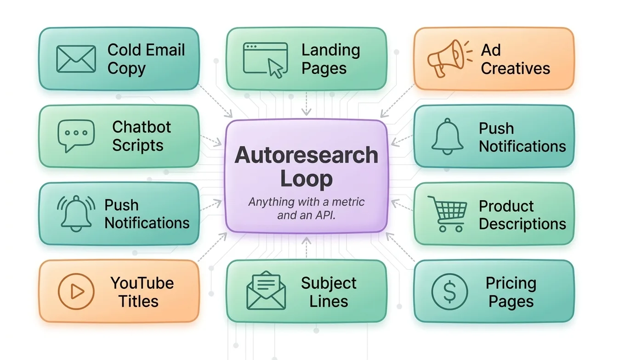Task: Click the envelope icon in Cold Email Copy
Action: (76, 59)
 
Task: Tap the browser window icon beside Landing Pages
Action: (265, 59)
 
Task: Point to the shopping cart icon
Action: (447, 214)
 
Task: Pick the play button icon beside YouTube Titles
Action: (76, 291)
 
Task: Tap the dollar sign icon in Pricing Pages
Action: (449, 291)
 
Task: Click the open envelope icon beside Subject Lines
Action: (266, 291)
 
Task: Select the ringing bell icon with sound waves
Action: (76, 214)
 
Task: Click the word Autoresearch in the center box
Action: (306, 155)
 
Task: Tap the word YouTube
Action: (142, 283)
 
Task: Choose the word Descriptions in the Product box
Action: (522, 224)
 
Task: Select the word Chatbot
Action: (142, 127)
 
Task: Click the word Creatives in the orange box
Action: (515, 69)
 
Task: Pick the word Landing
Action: (330, 50)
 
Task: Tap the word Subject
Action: (329, 283)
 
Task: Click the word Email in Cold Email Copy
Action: (165, 50)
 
